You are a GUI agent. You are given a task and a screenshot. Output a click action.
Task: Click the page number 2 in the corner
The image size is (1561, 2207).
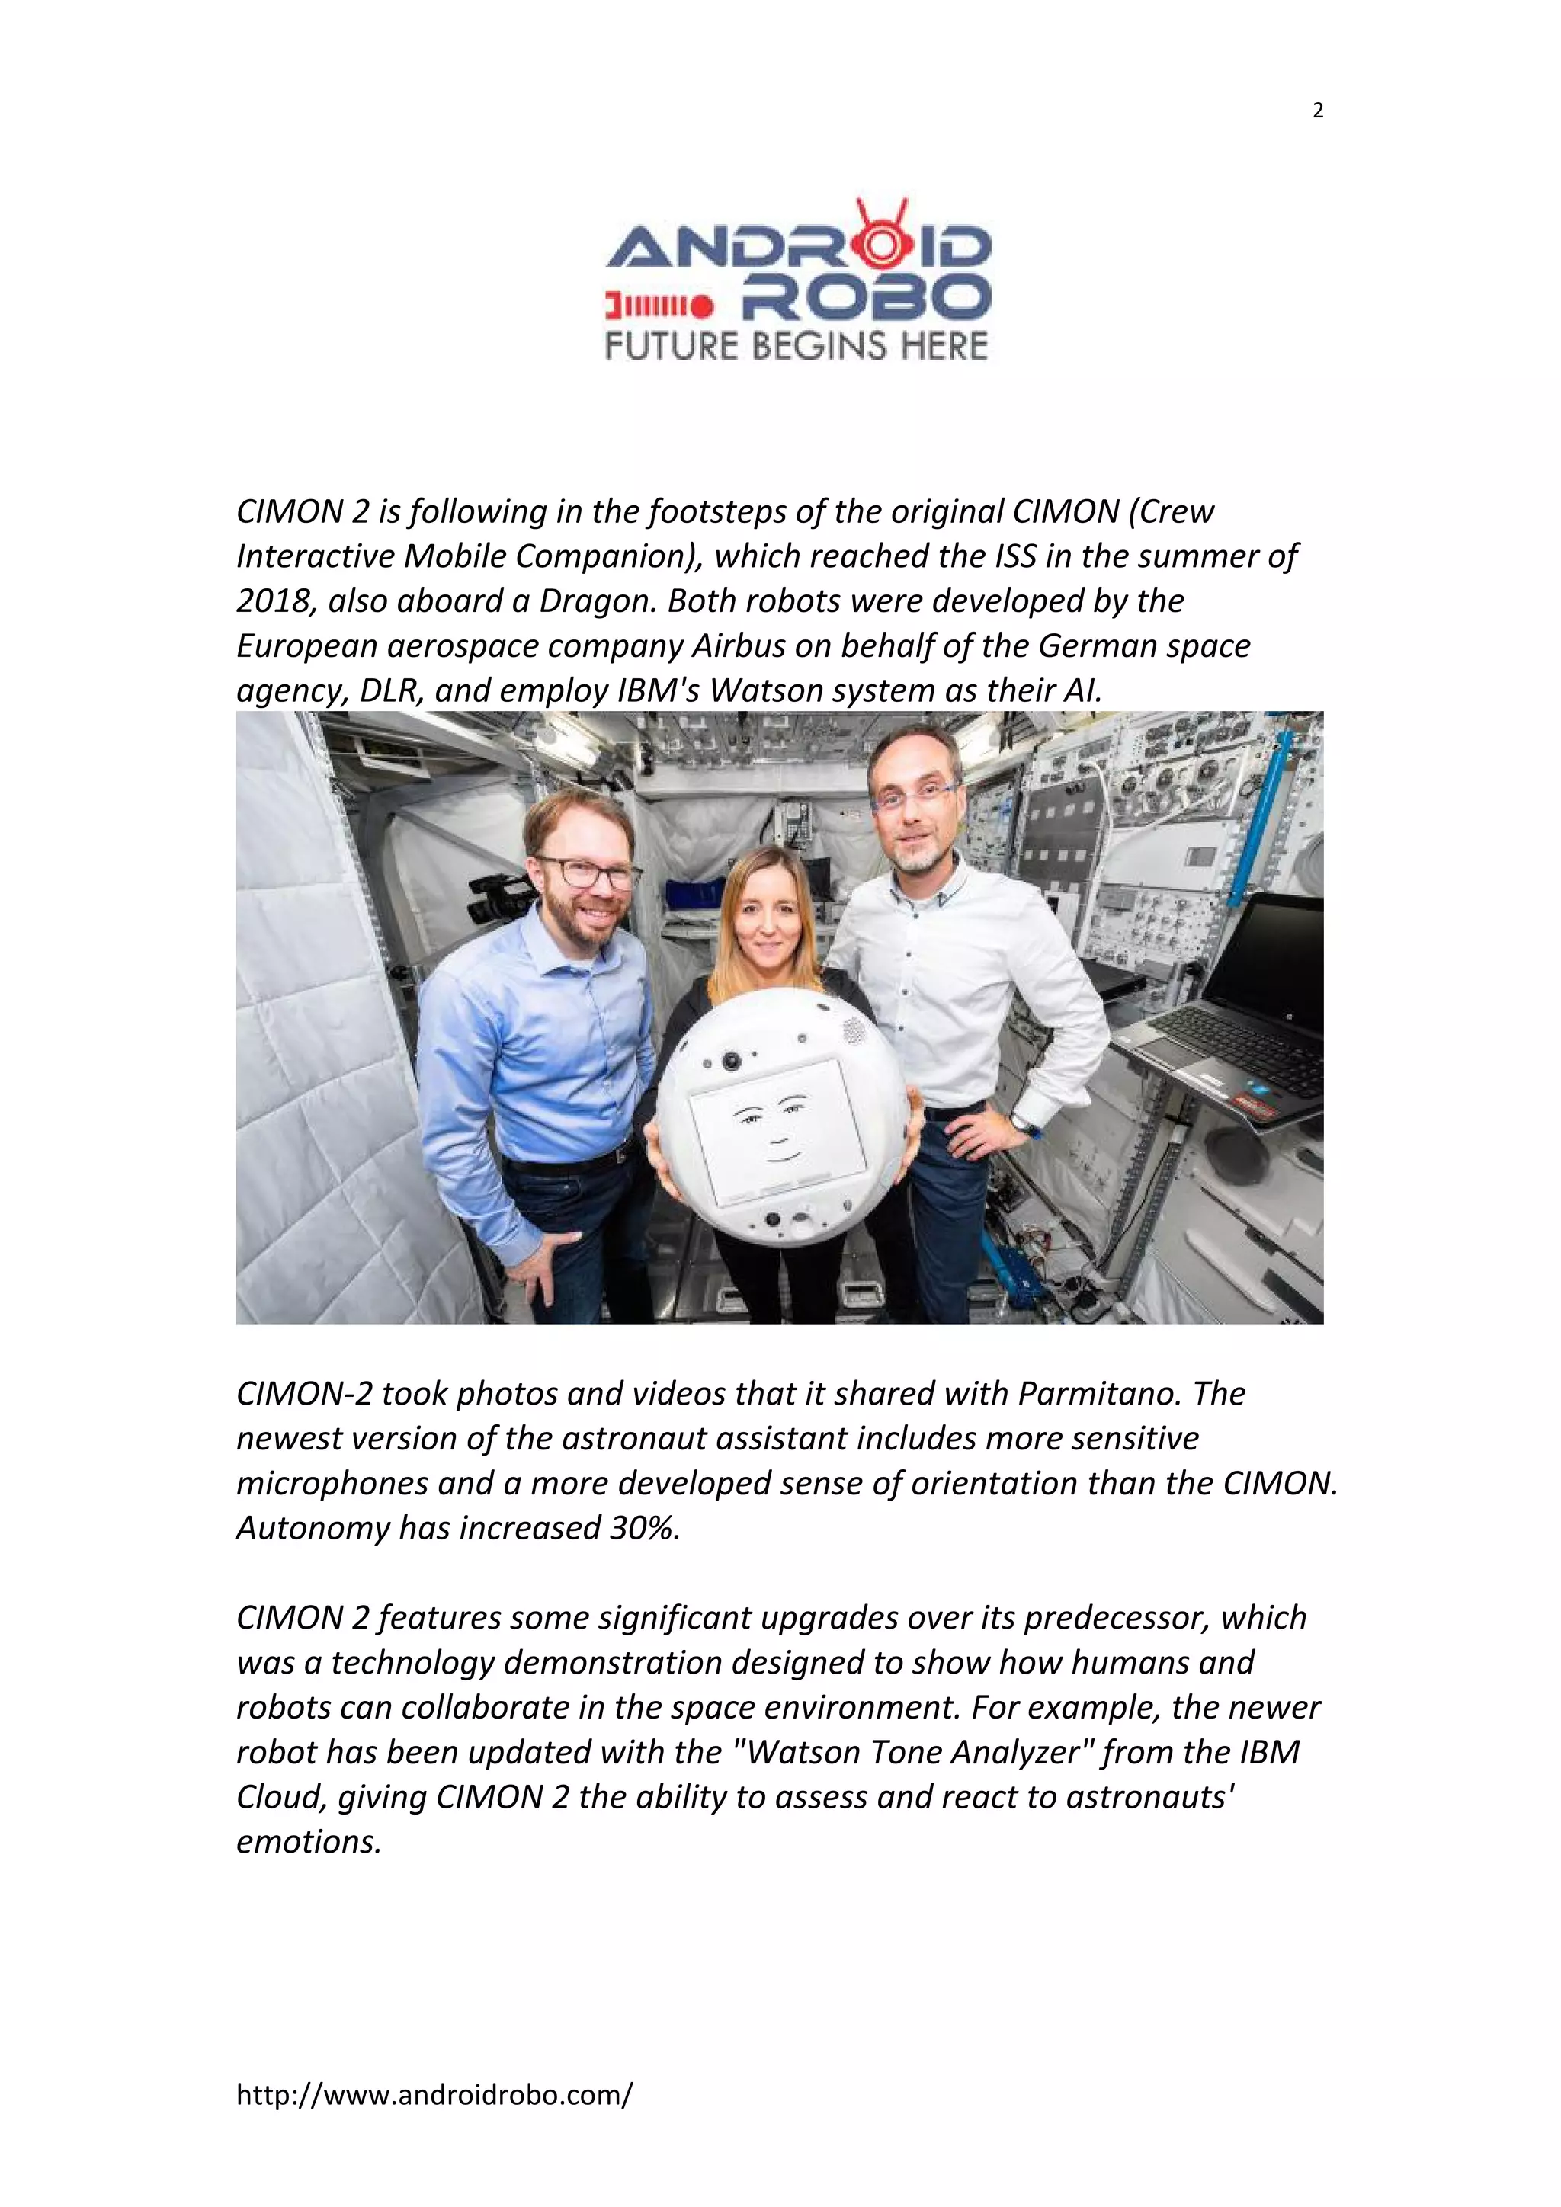coord(1317,111)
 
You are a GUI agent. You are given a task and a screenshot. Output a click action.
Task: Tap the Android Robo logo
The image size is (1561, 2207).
coord(797,280)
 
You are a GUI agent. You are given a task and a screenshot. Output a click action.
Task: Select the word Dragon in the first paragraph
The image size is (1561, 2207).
coord(593,601)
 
